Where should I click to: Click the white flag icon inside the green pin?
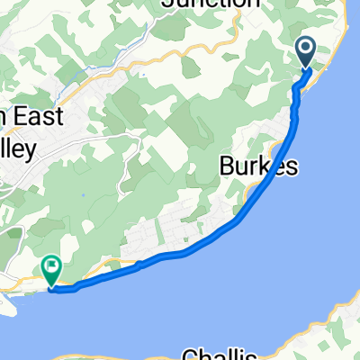(x=52, y=265)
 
